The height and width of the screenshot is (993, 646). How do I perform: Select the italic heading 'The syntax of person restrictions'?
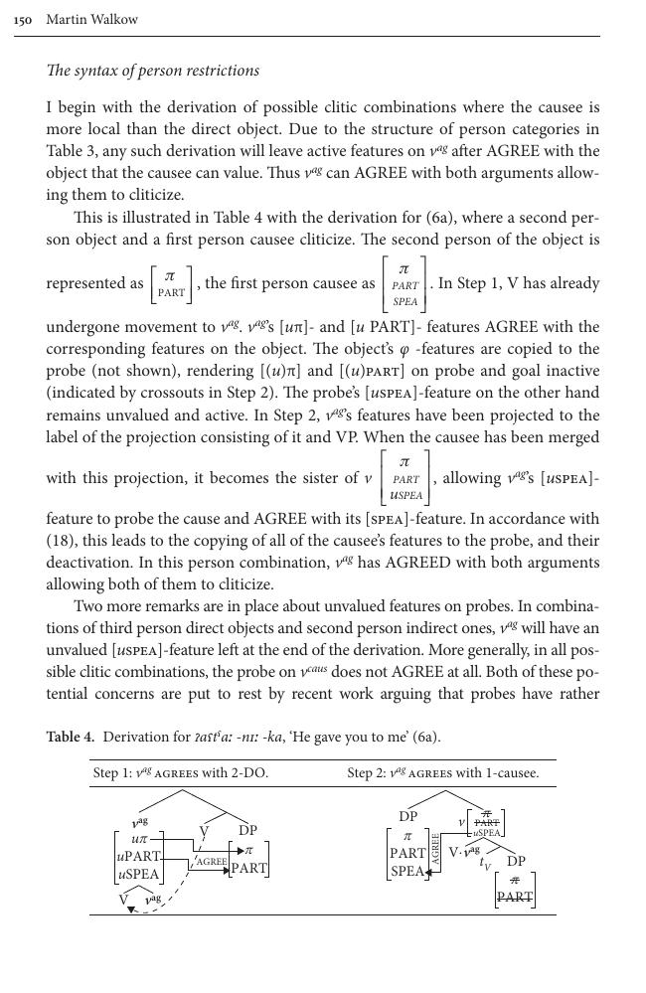(x=153, y=71)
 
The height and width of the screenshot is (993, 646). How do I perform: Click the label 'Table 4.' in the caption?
(x=71, y=737)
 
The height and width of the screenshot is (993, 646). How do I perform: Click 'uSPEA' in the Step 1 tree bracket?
(x=138, y=875)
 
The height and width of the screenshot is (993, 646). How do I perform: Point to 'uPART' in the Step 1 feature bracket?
(x=138, y=856)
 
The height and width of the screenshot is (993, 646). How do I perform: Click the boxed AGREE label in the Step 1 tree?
(x=212, y=862)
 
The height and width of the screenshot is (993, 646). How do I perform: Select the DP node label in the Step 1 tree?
(x=247, y=830)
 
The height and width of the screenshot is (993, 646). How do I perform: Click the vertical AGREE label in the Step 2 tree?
(x=434, y=850)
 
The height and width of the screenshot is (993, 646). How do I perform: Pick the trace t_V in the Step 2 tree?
(x=486, y=865)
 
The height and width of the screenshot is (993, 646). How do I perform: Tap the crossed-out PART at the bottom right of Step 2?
(x=514, y=896)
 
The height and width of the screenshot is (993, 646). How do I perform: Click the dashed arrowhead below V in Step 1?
(x=130, y=910)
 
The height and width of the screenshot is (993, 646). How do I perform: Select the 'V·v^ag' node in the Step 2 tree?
(x=464, y=851)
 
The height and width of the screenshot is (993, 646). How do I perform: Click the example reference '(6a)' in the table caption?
(x=424, y=737)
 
